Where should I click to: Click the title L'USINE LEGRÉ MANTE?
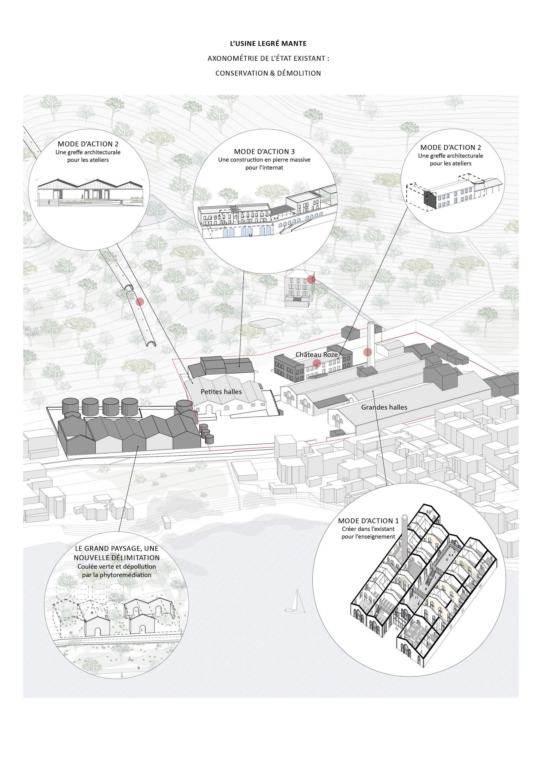[x=268, y=43]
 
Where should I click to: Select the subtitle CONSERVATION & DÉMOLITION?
[x=268, y=73]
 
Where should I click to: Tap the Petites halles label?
[x=221, y=392]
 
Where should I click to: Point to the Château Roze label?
[x=317, y=355]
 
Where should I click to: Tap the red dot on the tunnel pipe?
[x=140, y=302]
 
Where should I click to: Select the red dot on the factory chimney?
[x=367, y=352]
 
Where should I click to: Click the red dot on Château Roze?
[x=317, y=363]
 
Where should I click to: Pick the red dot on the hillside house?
[x=311, y=279]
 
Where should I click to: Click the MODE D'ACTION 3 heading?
[x=264, y=152]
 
